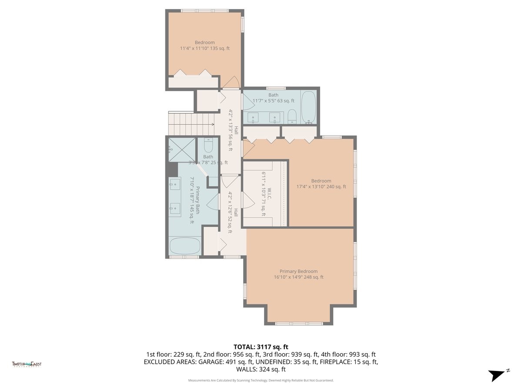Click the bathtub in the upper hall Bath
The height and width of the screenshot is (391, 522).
point(308,107)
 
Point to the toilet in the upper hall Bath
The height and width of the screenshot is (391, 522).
point(292,116)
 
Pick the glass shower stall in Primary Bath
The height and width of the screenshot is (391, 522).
point(181,149)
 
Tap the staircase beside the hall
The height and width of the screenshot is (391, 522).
point(192,123)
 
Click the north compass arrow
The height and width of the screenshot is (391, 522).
point(497,375)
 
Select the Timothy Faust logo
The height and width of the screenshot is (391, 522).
point(27,364)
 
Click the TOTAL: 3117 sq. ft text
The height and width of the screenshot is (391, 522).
point(261,347)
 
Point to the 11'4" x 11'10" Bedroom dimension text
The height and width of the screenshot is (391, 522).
point(204,49)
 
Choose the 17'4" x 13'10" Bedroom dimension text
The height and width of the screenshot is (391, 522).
point(321,187)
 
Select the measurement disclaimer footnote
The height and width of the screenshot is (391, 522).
point(261,380)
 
